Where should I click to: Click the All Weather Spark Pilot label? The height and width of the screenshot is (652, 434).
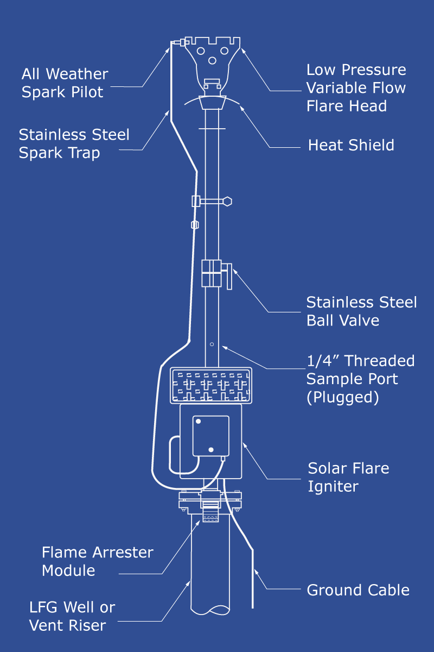point(65,83)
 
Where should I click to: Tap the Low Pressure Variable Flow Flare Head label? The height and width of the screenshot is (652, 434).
point(356,87)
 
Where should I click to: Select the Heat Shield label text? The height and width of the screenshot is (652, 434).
point(351,145)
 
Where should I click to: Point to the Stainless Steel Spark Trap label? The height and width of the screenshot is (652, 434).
point(74,143)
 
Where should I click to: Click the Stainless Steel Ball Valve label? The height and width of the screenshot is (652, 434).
point(361,311)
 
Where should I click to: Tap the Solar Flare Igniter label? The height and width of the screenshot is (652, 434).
point(348,477)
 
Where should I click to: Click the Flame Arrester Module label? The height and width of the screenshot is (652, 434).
point(98,561)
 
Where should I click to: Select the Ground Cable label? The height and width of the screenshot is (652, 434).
point(358,590)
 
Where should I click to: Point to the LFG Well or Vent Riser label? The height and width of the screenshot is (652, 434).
point(72,616)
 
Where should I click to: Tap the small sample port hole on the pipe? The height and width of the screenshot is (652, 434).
point(212,344)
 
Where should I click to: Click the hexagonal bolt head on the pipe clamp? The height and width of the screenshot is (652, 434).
point(227,202)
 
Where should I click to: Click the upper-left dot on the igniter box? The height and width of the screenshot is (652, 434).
point(198,422)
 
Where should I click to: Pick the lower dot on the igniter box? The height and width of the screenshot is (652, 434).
point(211,449)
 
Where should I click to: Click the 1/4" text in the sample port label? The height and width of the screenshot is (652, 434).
point(323,361)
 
